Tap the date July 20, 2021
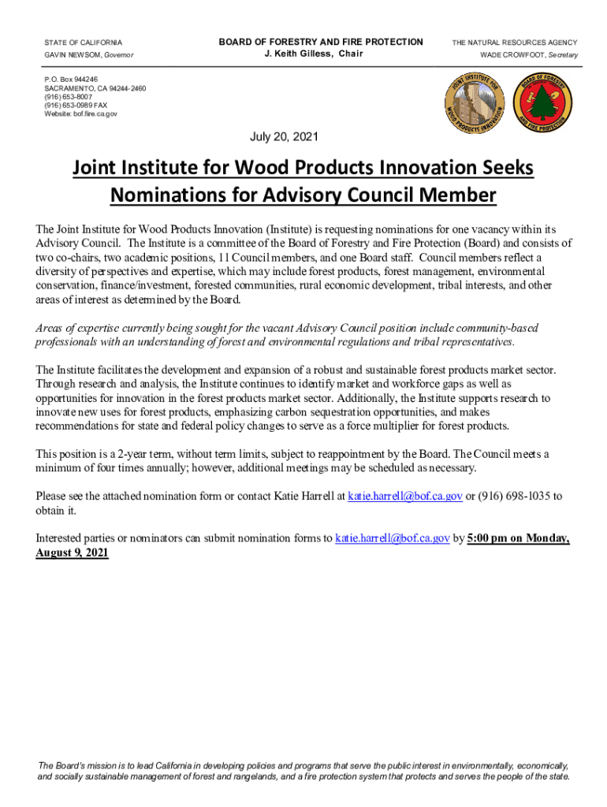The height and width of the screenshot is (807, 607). click(x=285, y=137)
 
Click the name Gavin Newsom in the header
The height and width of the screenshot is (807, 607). click(x=76, y=55)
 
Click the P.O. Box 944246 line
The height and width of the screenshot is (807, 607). click(x=72, y=80)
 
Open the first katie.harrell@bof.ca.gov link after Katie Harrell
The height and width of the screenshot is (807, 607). click(x=404, y=496)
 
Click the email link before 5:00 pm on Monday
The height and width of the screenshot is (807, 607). click(x=393, y=538)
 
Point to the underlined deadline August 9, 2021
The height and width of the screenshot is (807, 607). click(x=72, y=552)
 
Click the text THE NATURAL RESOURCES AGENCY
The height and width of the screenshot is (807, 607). click(x=514, y=43)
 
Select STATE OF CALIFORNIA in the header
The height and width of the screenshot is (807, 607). click(x=84, y=43)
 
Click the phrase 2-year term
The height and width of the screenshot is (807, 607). click(x=145, y=454)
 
